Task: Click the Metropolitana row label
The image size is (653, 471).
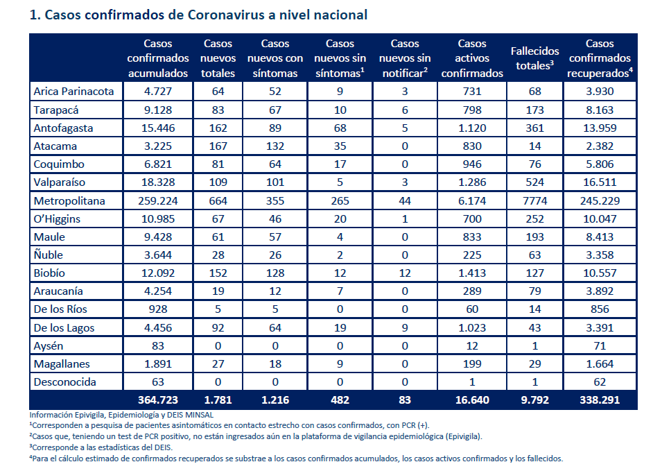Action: click(69, 201)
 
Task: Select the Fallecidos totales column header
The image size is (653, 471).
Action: click(534, 58)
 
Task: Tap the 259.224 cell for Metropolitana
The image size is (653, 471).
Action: click(158, 201)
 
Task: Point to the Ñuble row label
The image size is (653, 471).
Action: click(49, 255)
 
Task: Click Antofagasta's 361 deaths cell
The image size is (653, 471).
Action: click(534, 128)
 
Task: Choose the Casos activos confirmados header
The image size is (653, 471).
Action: click(472, 58)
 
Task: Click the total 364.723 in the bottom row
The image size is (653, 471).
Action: click(158, 400)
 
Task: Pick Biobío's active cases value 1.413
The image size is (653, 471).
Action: click(472, 273)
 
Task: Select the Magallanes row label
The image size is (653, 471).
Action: click(62, 364)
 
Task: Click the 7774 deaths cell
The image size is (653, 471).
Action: click(534, 201)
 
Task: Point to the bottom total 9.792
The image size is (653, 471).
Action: click(534, 400)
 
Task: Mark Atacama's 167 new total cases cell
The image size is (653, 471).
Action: click(218, 146)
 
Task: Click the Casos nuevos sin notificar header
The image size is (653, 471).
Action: click(405, 58)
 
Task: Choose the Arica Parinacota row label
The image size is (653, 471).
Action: click(73, 92)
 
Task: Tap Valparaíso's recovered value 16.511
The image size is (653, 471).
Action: click(600, 182)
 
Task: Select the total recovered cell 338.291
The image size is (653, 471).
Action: click(600, 400)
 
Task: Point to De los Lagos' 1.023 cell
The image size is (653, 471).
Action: click(472, 327)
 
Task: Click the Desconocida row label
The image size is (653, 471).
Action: click(65, 382)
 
